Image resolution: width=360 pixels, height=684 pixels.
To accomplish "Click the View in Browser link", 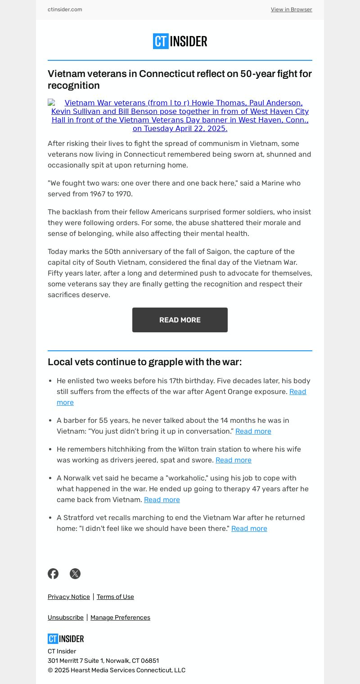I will coord(291,9).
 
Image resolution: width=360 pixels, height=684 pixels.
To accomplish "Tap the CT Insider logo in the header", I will coord(180,41).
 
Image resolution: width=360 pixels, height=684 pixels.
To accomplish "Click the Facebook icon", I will coord(53,573).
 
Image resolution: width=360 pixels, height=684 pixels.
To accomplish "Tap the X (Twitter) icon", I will coord(75,573).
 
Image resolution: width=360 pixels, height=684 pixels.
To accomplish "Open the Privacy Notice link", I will coord(69,597).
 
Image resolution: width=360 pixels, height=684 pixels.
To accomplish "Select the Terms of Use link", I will coord(115,597).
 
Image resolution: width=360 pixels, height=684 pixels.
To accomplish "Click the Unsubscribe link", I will coord(66,617).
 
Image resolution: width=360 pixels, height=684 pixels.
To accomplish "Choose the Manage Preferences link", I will coord(120,617).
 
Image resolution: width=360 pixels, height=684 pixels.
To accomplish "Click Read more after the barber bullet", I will coord(253,431).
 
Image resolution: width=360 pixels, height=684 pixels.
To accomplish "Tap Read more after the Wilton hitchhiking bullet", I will coord(233,460).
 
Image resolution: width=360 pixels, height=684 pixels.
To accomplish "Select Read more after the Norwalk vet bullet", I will coord(162,499).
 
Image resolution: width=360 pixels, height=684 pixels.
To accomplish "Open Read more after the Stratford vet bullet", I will coord(249,528).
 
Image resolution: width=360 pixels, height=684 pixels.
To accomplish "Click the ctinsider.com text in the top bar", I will coord(65,9).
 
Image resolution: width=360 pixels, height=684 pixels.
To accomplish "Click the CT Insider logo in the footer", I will coord(66,639).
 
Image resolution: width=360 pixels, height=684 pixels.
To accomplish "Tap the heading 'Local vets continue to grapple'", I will coord(144,362).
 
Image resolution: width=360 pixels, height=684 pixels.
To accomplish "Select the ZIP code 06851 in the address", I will coord(149,661).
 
